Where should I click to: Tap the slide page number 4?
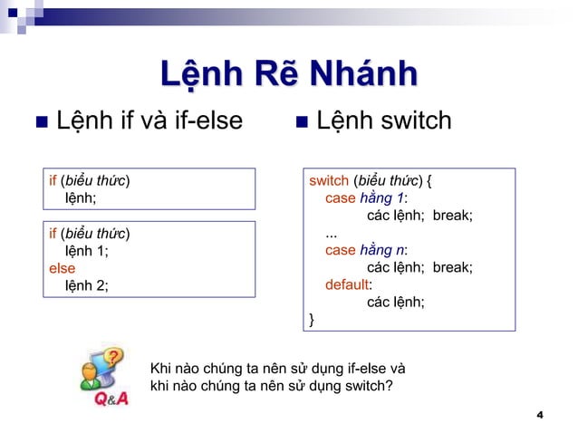(x=539, y=415)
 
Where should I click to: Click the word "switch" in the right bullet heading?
(x=410, y=120)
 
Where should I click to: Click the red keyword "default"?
(x=348, y=284)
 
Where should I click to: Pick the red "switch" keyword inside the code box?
(x=328, y=179)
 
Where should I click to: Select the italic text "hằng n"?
(x=382, y=249)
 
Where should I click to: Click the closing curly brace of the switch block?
(x=313, y=319)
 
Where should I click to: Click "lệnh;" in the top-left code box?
(x=82, y=197)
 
